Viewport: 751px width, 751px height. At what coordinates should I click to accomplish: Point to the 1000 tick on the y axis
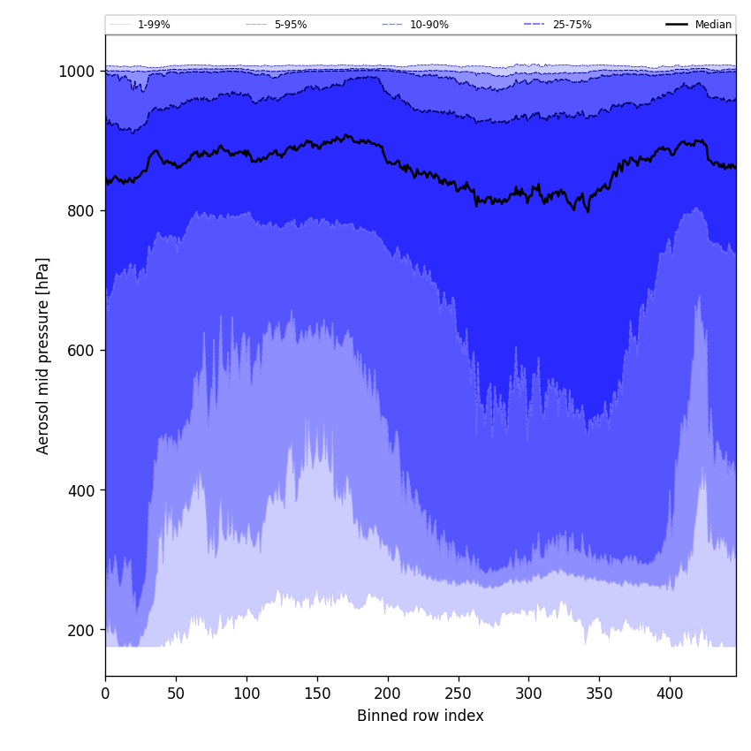coord(77,72)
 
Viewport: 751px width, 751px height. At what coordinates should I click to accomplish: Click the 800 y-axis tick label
coord(81,211)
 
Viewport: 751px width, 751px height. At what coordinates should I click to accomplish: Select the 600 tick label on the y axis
coord(81,351)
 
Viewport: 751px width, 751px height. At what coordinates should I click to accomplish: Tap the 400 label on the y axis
coord(81,490)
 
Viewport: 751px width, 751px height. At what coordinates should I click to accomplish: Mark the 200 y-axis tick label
coord(81,630)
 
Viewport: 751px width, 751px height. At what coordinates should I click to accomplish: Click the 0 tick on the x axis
coord(105,694)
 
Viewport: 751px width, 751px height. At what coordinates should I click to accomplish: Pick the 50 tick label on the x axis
coord(176,694)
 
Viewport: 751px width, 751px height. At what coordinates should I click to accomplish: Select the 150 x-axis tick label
coord(317,694)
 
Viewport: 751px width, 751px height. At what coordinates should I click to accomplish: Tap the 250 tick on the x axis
coord(458,694)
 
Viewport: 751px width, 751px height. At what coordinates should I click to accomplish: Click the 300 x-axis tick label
coord(528,694)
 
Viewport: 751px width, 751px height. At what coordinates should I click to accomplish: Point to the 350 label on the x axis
coord(599,694)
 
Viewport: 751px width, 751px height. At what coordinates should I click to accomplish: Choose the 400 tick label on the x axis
coord(670,694)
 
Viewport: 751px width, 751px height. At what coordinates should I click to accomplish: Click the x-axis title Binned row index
coord(421,716)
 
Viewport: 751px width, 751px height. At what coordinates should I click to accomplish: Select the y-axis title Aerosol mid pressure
coord(43,355)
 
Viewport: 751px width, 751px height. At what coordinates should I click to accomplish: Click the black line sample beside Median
coord(678,25)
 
